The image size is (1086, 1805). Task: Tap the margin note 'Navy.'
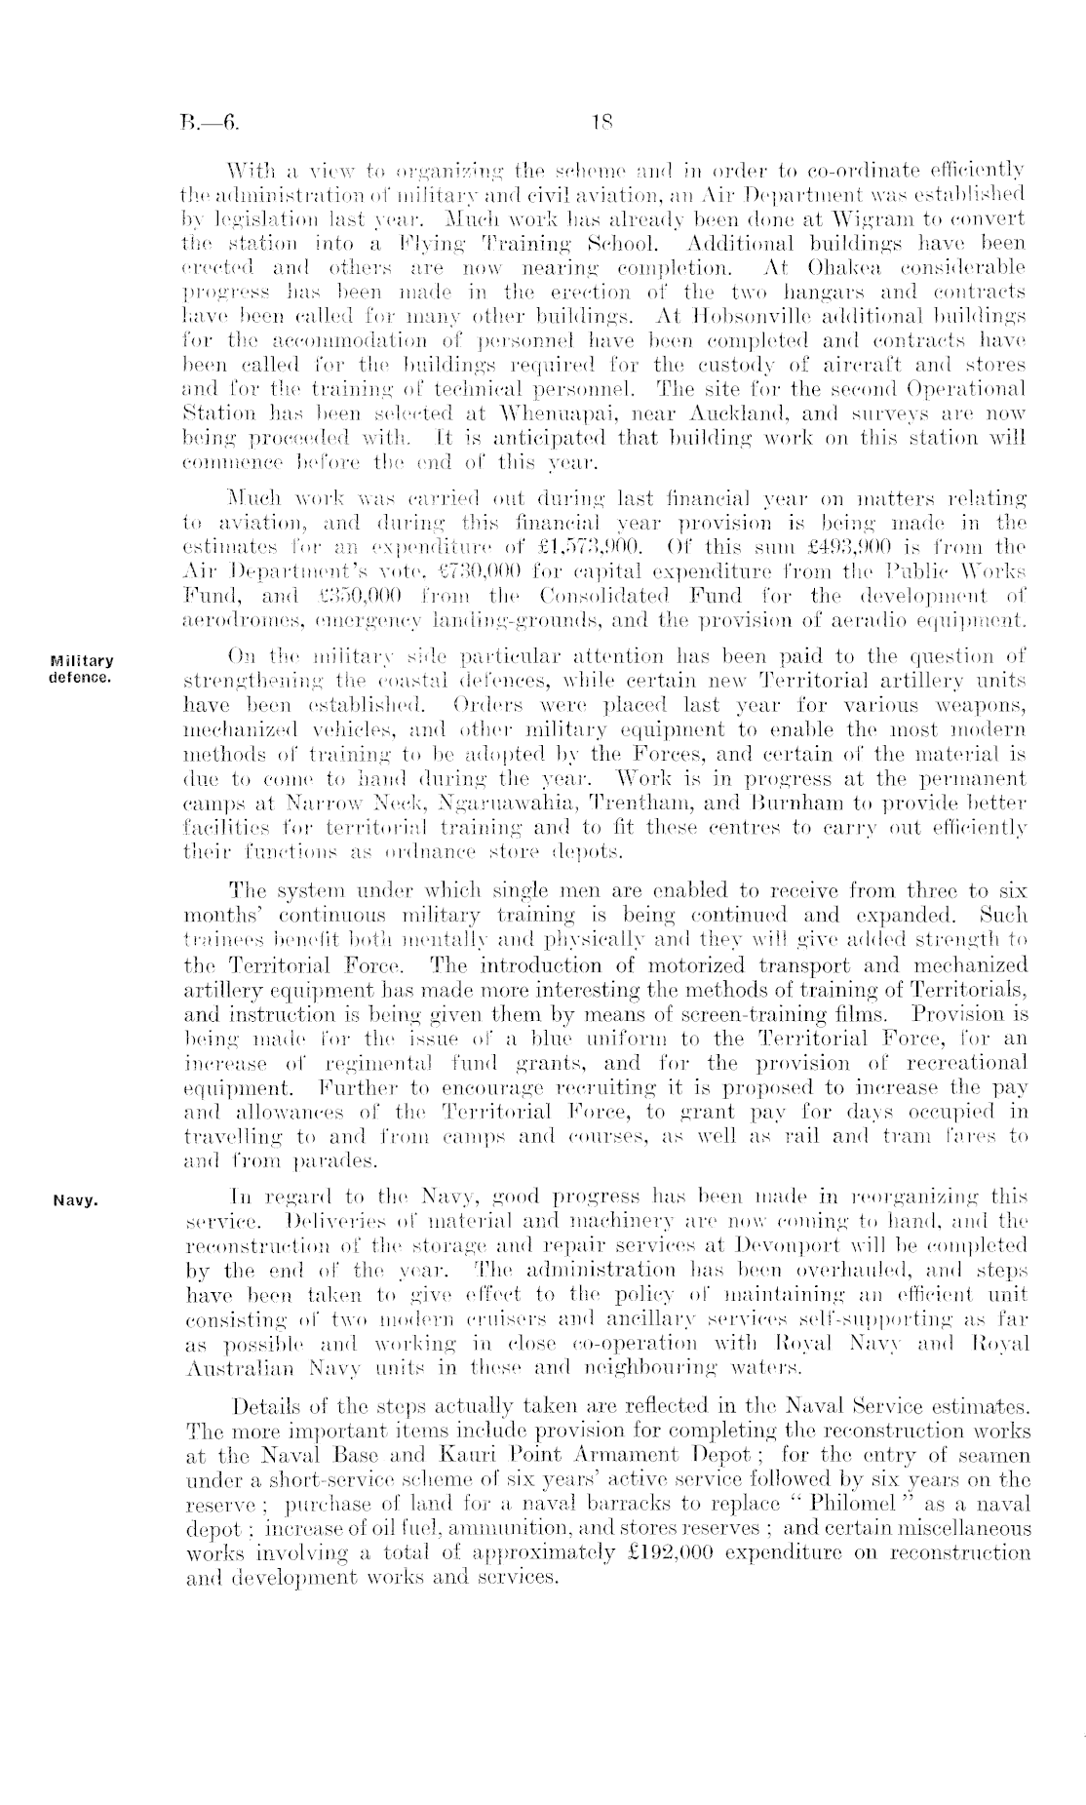74,1200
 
